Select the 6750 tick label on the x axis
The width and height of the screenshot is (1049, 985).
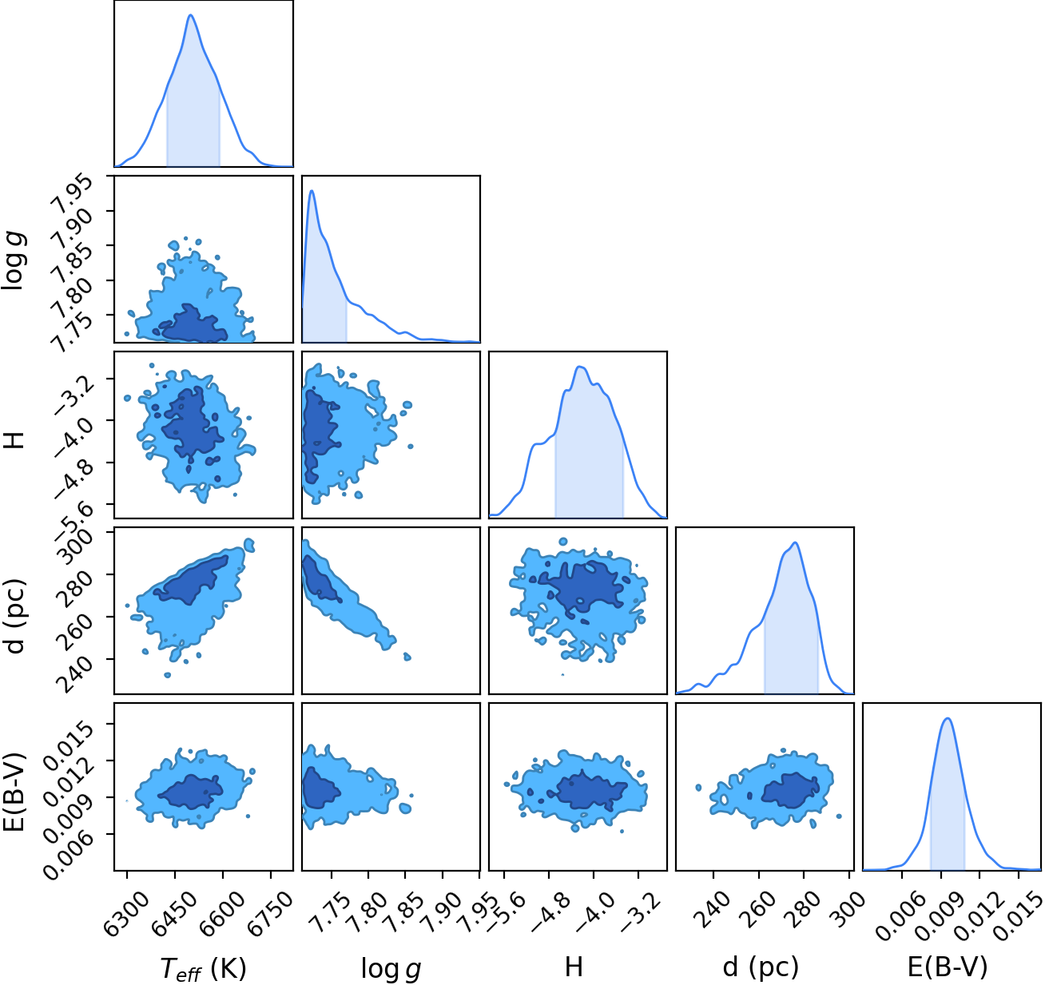pyautogui.click(x=269, y=907)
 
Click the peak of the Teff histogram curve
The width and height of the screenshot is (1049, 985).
pyautogui.click(x=191, y=15)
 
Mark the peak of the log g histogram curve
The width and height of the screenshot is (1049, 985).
pyautogui.click(x=312, y=191)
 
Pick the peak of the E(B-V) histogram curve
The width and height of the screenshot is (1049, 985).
pyautogui.click(x=947, y=718)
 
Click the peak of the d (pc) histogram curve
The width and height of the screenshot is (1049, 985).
pyautogui.click(x=795, y=543)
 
